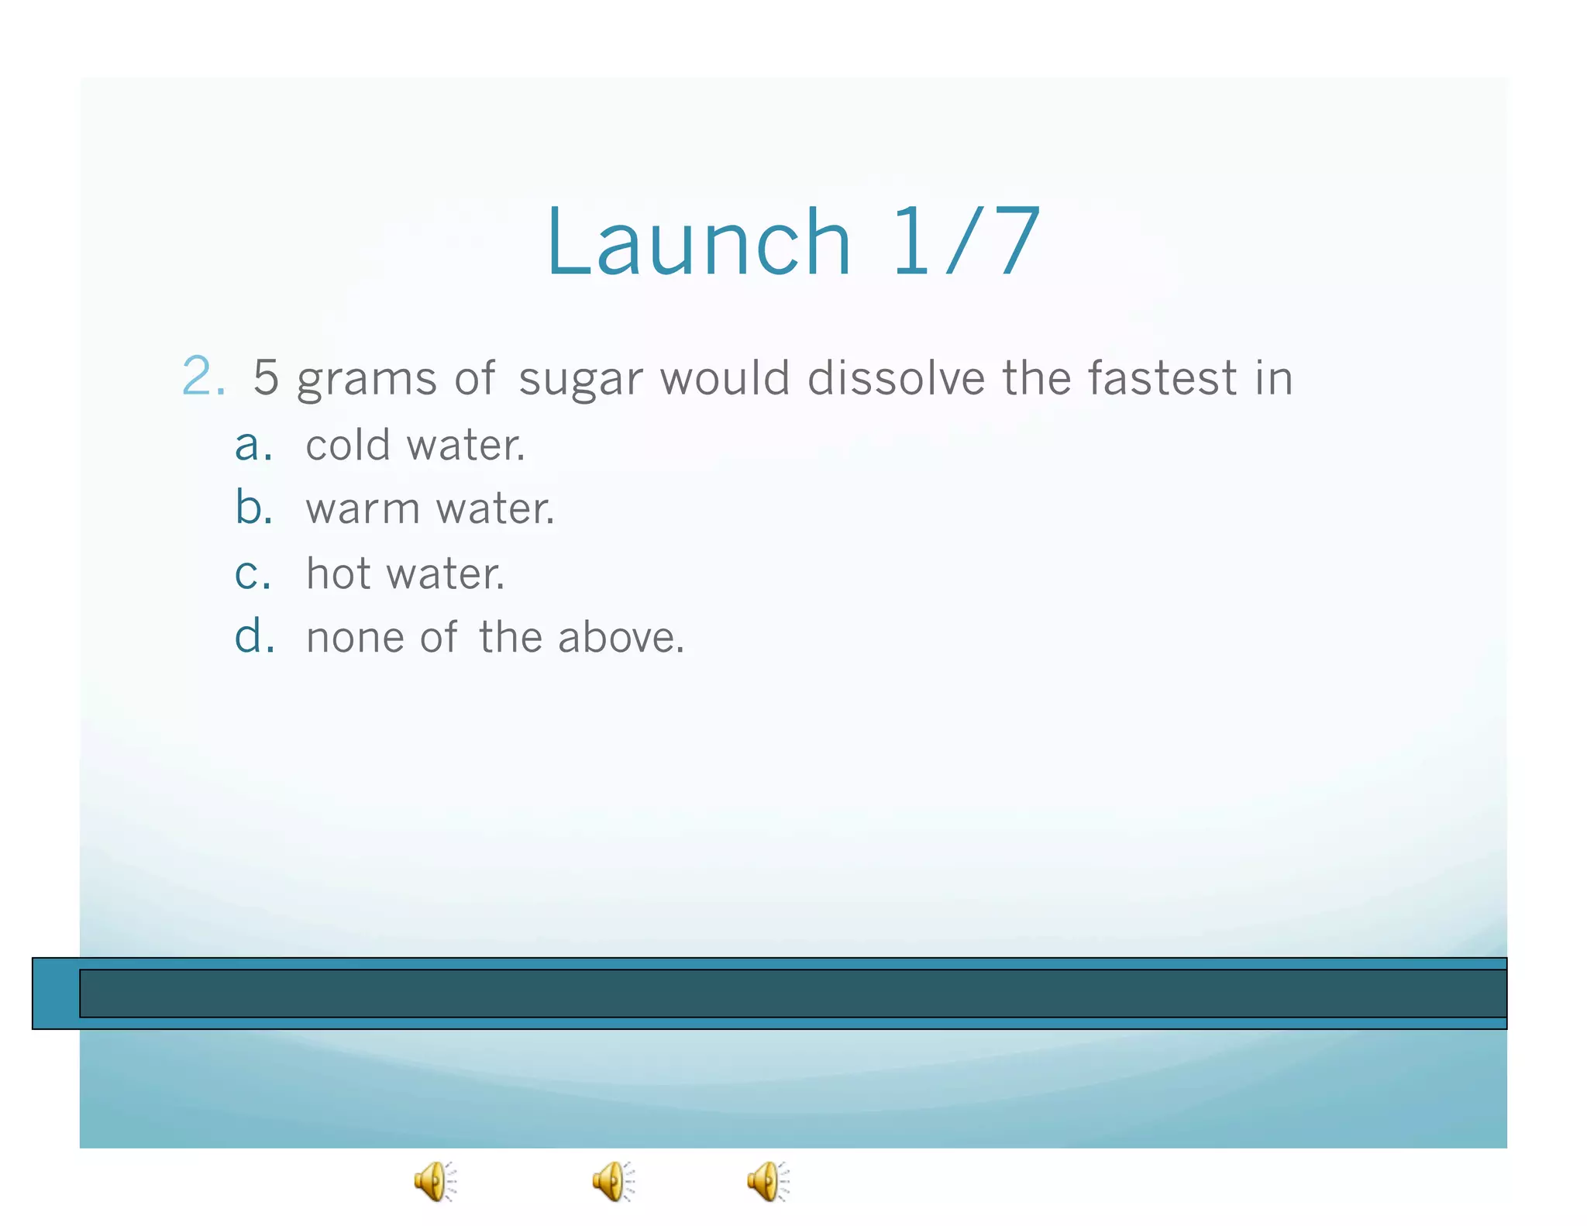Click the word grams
[x=367, y=380]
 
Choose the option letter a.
[x=253, y=446]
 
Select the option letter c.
[x=253, y=574]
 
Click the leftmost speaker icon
[x=435, y=1182]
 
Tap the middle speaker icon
[x=613, y=1182]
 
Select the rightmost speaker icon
[x=768, y=1182]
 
